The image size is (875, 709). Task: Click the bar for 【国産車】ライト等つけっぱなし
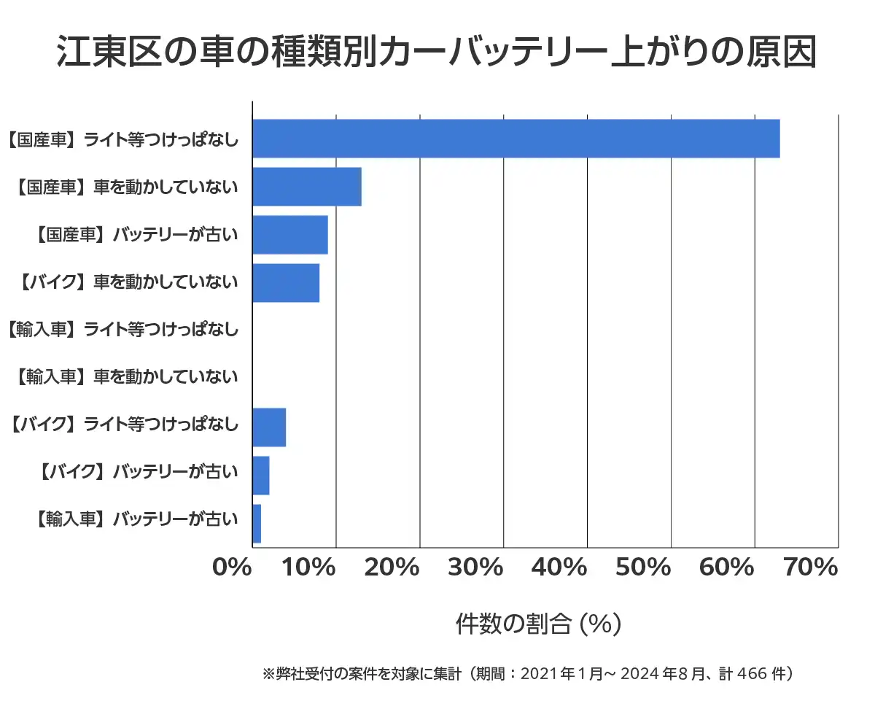(x=516, y=139)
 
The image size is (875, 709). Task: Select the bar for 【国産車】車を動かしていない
(x=307, y=187)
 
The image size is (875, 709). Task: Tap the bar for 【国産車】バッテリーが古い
(x=290, y=235)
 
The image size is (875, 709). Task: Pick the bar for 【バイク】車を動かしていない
(x=286, y=283)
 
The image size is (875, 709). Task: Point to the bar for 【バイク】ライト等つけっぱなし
(x=269, y=427)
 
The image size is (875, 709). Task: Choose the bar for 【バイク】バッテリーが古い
(x=261, y=476)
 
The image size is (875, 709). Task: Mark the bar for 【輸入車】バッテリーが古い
(x=257, y=524)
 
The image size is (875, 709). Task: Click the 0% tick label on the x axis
(x=231, y=567)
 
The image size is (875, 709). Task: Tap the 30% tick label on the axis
(x=475, y=567)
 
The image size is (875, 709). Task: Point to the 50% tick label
(x=643, y=567)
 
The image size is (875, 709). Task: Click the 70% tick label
(x=810, y=567)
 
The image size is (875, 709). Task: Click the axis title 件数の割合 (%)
(x=538, y=624)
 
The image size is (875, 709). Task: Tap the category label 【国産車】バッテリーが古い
(x=136, y=235)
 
